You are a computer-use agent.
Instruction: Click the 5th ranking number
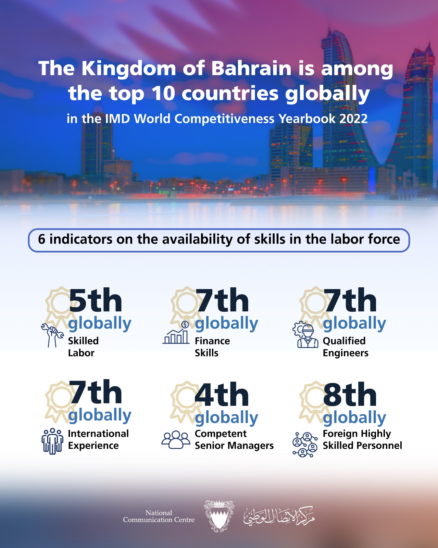tap(96, 300)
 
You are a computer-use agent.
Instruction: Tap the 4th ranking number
tap(222, 394)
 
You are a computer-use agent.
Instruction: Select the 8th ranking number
tap(350, 394)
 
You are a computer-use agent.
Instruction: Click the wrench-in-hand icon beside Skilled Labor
tap(52, 335)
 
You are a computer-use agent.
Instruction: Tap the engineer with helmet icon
tap(305, 335)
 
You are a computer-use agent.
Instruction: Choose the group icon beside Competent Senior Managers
tap(176, 440)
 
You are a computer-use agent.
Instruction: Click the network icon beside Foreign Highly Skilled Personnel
tap(305, 444)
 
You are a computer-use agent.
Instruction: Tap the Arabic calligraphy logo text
tap(279, 515)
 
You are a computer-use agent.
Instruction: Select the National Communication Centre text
tap(159, 516)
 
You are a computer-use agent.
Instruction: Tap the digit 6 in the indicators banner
tap(41, 239)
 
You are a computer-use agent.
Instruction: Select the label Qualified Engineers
tap(346, 347)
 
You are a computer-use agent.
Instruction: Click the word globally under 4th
tap(227, 419)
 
